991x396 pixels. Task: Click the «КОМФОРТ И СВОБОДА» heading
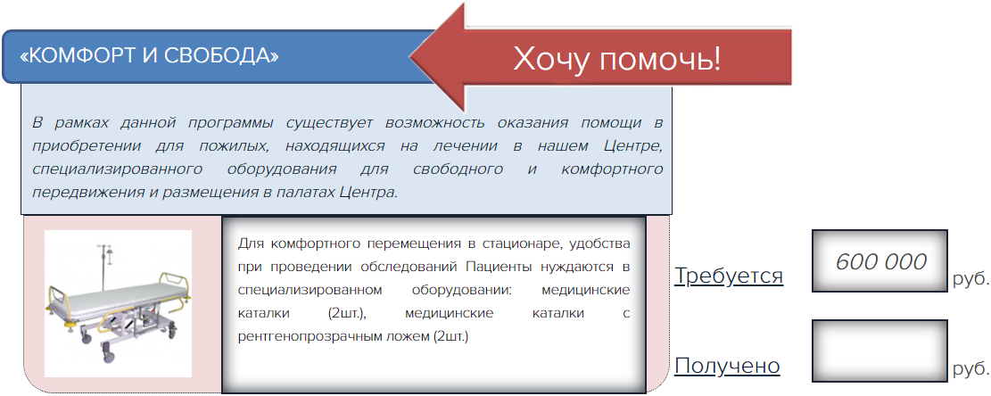(x=149, y=56)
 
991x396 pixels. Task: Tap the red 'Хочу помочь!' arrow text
(x=616, y=60)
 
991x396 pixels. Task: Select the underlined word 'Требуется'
(x=729, y=276)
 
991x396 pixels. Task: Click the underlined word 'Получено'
(x=727, y=366)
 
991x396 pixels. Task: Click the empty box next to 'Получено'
(x=880, y=351)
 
